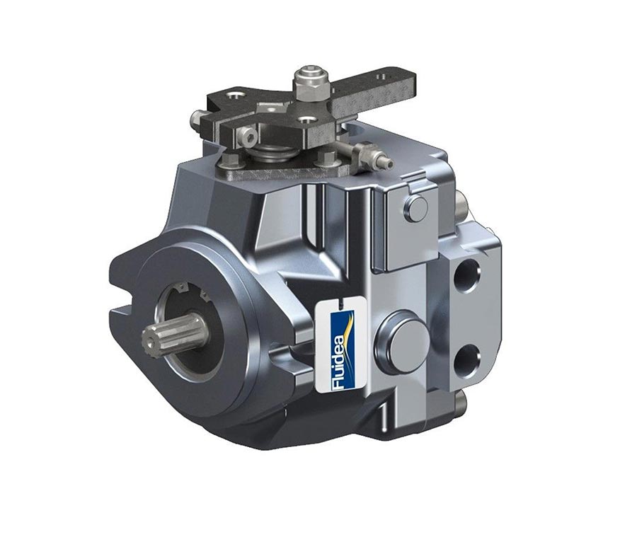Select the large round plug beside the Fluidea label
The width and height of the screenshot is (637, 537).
(402, 340)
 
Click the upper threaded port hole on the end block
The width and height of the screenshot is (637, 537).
(467, 276)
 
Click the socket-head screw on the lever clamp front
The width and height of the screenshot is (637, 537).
(248, 137)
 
